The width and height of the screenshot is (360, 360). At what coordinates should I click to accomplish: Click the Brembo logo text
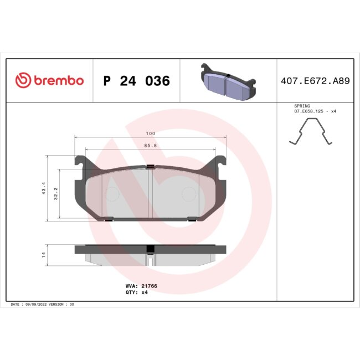click(58, 81)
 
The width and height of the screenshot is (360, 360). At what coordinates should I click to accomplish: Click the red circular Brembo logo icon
click(22, 81)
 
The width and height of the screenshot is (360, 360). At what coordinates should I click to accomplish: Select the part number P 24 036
click(136, 81)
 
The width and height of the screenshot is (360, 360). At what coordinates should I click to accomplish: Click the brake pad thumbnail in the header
click(227, 81)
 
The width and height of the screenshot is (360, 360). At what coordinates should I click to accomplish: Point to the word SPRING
click(302, 105)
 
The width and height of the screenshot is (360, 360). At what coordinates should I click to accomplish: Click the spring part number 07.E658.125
click(311, 111)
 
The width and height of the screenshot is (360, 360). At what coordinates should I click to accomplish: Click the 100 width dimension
click(150, 134)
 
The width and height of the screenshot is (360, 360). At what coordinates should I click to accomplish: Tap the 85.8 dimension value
click(150, 146)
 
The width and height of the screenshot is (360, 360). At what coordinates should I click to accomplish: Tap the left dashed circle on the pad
click(111, 194)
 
